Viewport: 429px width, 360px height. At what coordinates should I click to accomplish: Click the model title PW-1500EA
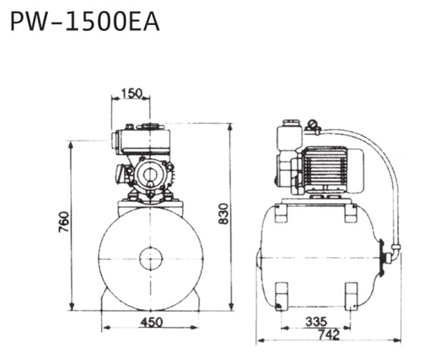point(84,21)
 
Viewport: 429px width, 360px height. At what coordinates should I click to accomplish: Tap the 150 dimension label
point(132,93)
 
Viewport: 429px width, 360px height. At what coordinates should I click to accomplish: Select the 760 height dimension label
point(64,221)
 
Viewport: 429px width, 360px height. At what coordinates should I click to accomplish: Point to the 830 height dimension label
point(224,214)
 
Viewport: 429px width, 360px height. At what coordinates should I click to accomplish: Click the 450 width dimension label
point(152,322)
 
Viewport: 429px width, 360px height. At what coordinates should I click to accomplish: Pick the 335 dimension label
point(316,321)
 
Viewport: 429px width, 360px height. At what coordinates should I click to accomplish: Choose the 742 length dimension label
point(329,334)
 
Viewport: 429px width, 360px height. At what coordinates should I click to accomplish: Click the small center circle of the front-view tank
point(151,259)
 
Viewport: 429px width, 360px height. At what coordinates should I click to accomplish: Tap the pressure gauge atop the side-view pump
point(311,125)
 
